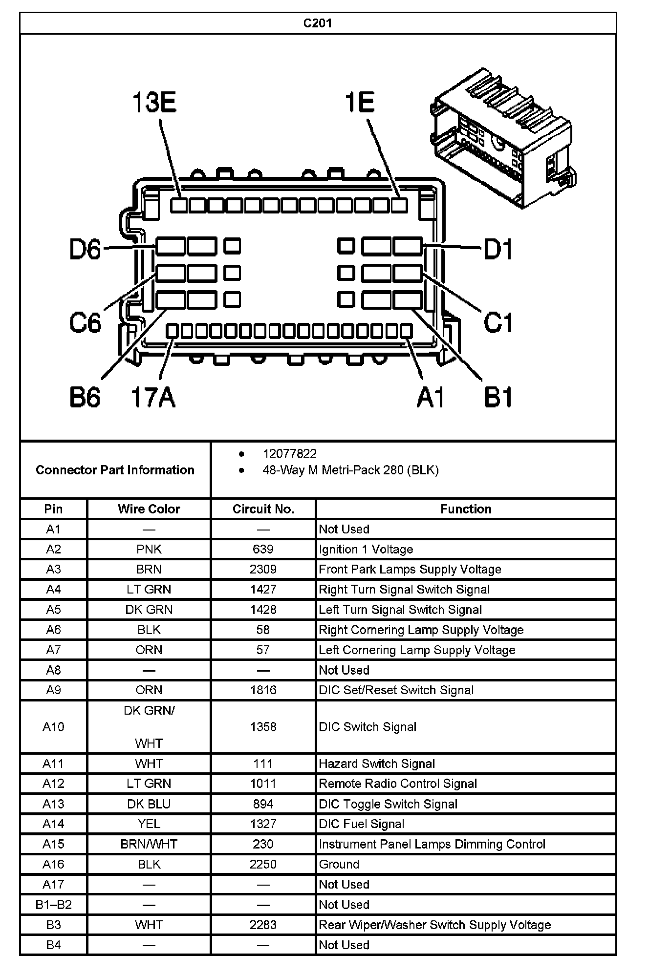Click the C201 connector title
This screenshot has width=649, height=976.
(318, 23)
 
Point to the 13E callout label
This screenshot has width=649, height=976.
(154, 103)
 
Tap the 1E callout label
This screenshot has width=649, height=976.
(360, 103)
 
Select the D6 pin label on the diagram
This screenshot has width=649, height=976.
(85, 249)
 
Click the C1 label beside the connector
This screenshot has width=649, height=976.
(498, 322)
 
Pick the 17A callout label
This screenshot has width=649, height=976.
(153, 397)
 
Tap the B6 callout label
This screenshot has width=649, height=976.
(85, 397)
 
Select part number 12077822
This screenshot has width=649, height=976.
(290, 454)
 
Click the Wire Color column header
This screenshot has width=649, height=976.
(149, 509)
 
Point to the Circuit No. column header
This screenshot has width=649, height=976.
(263, 509)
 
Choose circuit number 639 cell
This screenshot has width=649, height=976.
(263, 549)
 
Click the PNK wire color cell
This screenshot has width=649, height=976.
(149, 549)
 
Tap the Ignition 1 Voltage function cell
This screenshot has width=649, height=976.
(366, 549)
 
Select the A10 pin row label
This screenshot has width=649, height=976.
(53, 727)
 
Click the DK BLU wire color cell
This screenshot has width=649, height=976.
(149, 804)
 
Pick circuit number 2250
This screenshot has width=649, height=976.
(263, 864)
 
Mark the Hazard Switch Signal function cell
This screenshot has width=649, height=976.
(377, 764)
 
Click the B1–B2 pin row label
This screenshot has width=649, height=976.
(53, 905)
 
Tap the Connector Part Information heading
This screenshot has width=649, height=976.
(115, 470)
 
